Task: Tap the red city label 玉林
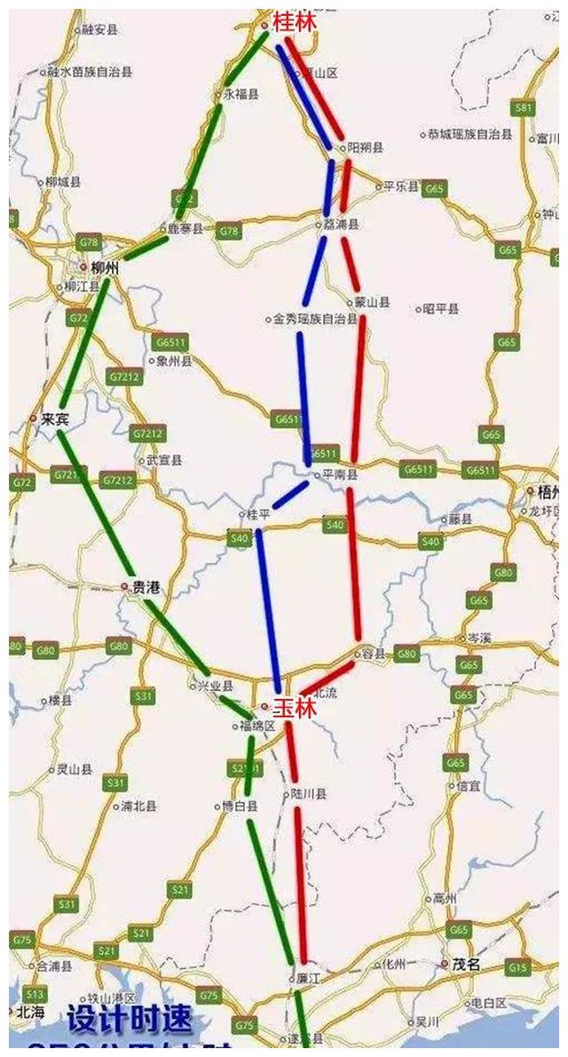[293, 708]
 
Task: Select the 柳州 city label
[105, 267]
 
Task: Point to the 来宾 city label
[54, 419]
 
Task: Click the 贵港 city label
[146, 587]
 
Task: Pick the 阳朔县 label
[365, 147]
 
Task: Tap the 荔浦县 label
[342, 226]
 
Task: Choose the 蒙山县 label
[372, 303]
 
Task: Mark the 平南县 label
[339, 476]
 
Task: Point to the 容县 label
[375, 654]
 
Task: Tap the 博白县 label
[241, 807]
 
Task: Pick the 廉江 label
[305, 977]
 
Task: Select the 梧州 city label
[545, 491]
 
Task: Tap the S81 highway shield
[525, 108]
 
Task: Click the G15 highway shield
[519, 966]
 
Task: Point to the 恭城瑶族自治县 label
[469, 135]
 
